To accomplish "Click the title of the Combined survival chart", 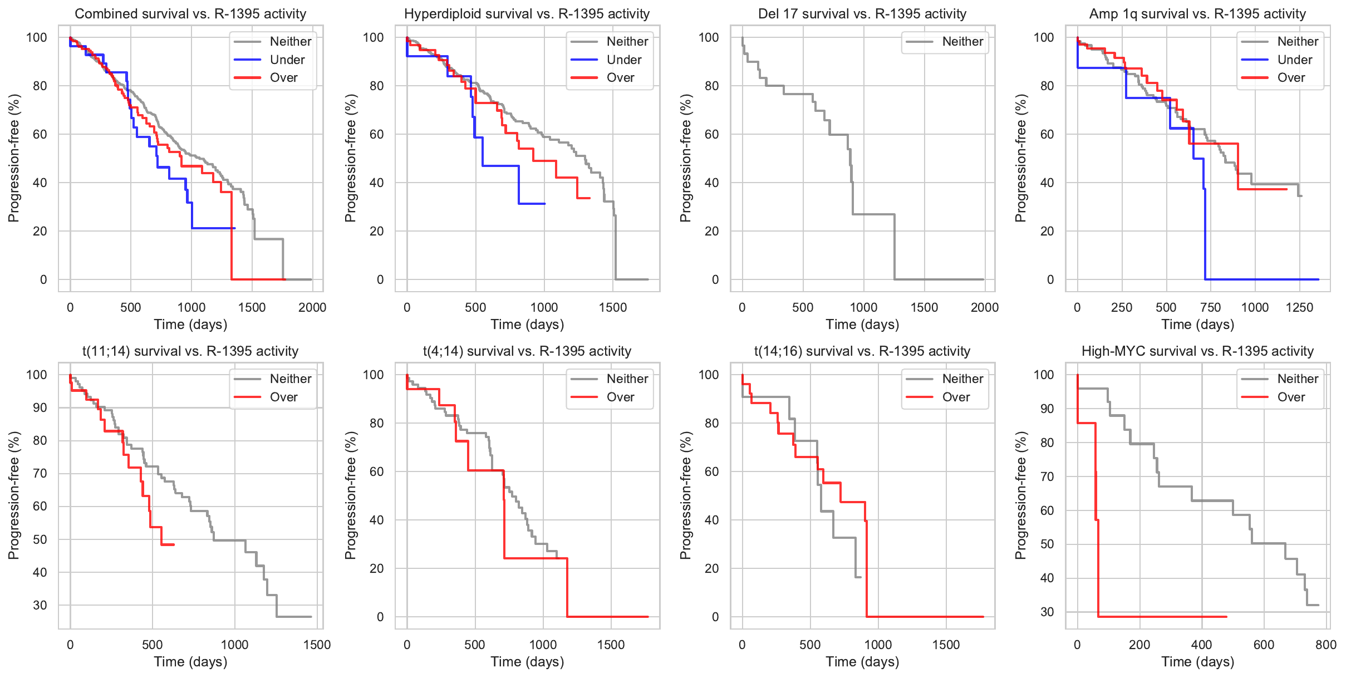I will coord(190,14).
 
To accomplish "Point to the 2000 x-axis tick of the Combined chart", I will coord(312,307).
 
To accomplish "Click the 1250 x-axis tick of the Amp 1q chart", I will coord(1299,307).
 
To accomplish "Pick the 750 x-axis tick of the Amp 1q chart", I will coord(1211,307).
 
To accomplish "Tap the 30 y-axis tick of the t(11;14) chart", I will coord(40,605).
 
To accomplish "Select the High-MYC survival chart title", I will coord(1197,351).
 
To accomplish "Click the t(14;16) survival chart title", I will coord(862,351).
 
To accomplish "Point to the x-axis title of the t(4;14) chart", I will coord(527,662).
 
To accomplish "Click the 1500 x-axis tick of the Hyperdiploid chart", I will coord(613,307).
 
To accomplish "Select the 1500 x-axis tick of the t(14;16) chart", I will coord(946,645).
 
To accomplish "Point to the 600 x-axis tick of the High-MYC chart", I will coord(1264,645).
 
